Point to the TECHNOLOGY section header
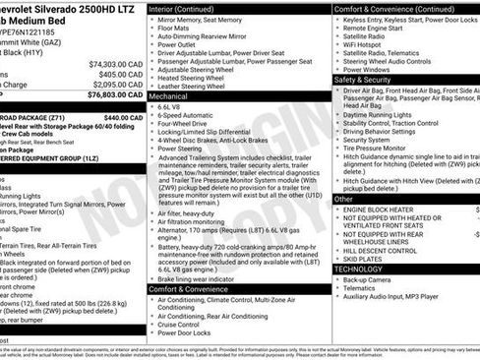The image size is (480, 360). click(x=359, y=268)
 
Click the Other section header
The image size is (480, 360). click(x=343, y=199)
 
